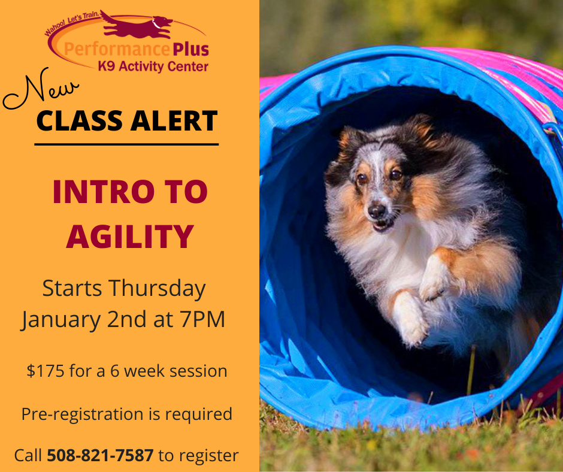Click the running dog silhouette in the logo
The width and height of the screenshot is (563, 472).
(138, 25)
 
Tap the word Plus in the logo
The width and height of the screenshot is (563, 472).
(190, 49)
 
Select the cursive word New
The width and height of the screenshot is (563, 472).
(40, 90)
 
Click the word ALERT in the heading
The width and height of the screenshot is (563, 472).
(174, 120)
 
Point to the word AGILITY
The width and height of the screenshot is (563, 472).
(130, 237)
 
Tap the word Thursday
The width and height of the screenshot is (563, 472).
(158, 289)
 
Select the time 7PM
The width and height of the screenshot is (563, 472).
(202, 319)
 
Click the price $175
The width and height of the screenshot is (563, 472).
(46, 371)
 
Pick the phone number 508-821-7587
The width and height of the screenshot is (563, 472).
(100, 455)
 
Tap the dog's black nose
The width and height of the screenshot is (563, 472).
(377, 211)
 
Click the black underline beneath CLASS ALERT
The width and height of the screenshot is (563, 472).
(126, 144)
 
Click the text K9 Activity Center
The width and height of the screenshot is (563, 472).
(153, 67)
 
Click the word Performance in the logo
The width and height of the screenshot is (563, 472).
(116, 49)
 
